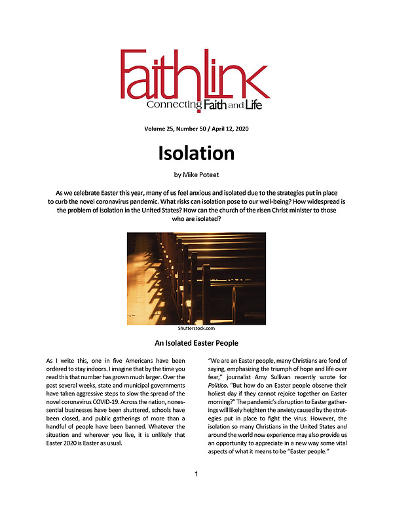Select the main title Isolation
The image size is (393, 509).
[x=196, y=153]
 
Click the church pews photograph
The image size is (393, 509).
[x=196, y=278]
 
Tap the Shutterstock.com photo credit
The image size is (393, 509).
[x=196, y=329]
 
